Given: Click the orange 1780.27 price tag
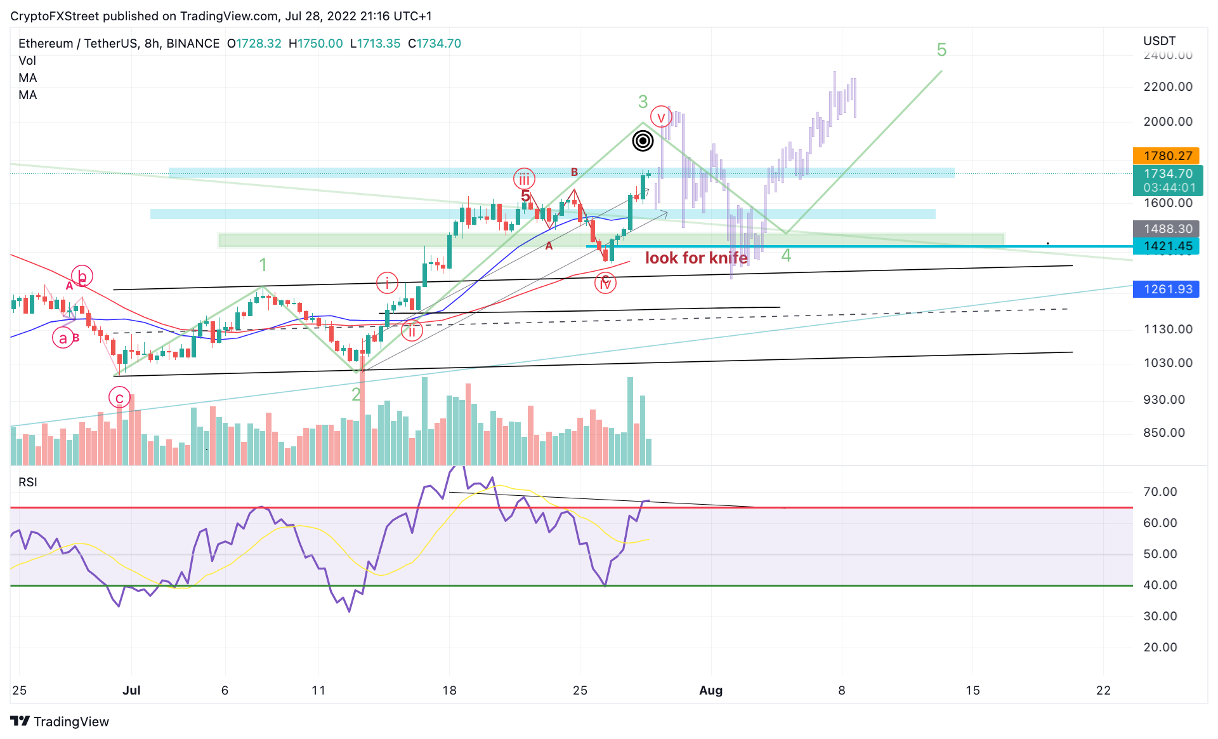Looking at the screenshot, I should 1166,156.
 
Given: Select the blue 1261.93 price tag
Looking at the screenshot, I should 1166,290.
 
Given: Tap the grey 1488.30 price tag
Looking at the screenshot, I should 1166,229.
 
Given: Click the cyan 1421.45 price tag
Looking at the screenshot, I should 1166,246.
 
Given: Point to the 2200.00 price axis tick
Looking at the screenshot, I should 1168,87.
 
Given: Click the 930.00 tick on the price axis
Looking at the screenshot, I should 1164,400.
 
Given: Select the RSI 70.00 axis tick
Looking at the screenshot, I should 1160,492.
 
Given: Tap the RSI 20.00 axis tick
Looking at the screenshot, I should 1160,648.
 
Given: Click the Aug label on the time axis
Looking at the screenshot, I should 710,691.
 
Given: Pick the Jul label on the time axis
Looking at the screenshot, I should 131,691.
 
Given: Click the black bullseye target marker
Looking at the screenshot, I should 643,140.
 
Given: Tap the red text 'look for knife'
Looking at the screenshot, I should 696,258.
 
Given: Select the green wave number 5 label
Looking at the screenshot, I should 941,50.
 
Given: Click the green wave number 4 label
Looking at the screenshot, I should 786,256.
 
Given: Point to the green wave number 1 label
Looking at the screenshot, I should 263,265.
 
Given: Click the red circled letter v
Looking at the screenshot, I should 661,117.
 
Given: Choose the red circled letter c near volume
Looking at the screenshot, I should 119,398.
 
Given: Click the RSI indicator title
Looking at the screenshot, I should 28,483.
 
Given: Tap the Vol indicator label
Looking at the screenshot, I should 27,61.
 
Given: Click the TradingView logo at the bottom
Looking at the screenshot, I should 60,722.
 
